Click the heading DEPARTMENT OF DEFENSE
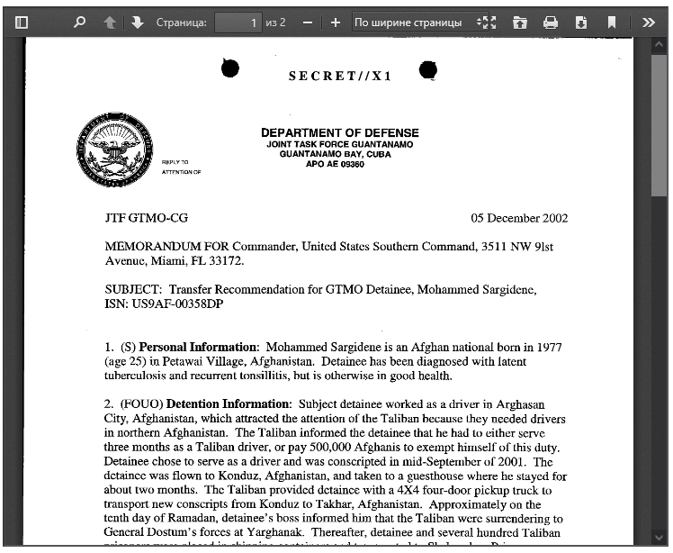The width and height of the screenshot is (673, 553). point(339,133)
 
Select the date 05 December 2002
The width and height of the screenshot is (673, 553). point(519,218)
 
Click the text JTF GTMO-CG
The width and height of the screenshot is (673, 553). point(147,218)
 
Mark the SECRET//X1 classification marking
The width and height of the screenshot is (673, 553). point(340,77)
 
